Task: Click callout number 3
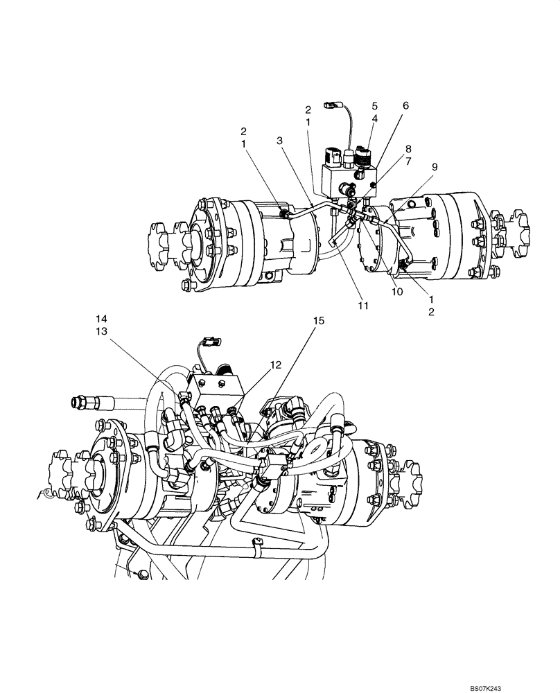point(279,141)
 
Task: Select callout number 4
point(374,119)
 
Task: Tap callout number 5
point(374,106)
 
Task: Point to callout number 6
point(405,105)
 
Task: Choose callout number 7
point(409,161)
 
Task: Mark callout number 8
point(409,148)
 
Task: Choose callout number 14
point(102,318)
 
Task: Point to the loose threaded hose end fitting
point(90,401)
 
